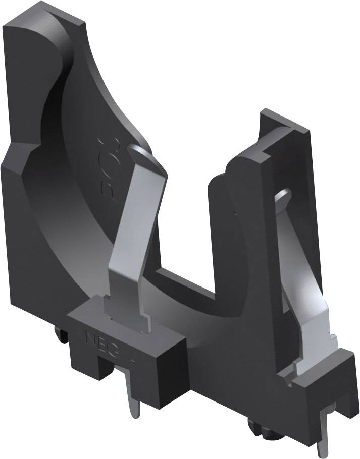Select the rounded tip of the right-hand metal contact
tap(283, 194)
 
